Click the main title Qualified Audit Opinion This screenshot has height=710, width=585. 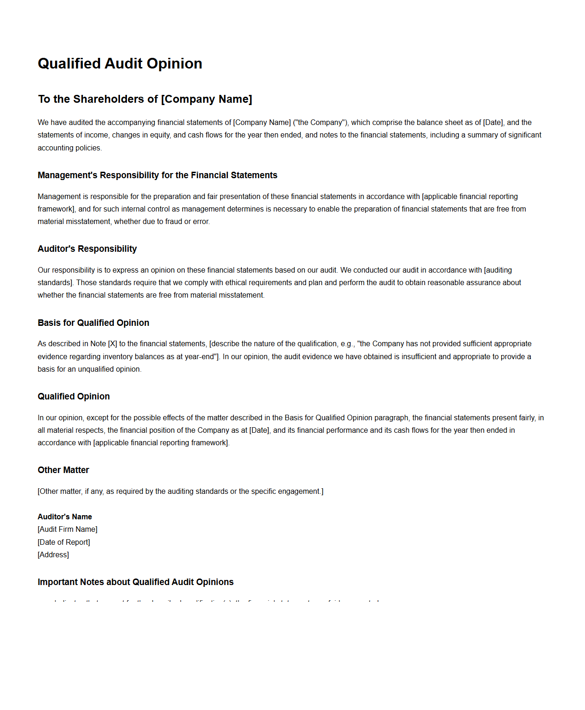[120, 63]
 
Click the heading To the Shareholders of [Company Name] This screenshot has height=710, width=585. [145, 99]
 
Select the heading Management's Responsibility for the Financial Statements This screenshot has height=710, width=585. [157, 175]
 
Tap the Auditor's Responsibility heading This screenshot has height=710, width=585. [87, 249]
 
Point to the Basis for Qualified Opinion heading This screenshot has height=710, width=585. [94, 323]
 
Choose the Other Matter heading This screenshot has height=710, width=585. [63, 470]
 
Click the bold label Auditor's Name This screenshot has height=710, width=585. [65, 517]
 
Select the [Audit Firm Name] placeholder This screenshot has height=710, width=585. [68, 529]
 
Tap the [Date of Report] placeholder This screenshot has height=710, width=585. [64, 542]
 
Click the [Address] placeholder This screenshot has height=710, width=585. [53, 554]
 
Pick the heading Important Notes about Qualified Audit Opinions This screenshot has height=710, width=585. [136, 582]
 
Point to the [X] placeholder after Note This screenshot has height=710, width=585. [113, 343]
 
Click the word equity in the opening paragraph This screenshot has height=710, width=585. [160, 135]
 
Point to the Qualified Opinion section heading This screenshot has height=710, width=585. [74, 396]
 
